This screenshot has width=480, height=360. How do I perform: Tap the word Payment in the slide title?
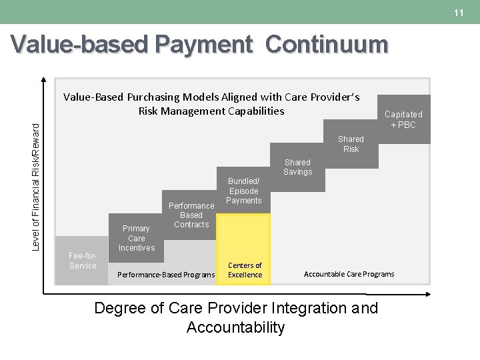point(204,45)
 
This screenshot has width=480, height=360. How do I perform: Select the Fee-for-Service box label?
point(83,261)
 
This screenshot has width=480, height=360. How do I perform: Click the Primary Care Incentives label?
point(137,238)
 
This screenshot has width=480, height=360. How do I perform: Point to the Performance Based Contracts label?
point(191,215)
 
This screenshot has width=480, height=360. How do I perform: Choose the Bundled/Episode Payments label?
point(244,191)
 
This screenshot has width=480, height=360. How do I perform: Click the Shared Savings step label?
point(297,167)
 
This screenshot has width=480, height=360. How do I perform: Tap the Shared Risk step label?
point(351,144)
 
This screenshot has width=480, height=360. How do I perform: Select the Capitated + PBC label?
point(403,119)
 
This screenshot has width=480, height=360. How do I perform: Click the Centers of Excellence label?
point(245,270)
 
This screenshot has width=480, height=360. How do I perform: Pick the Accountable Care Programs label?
point(349,274)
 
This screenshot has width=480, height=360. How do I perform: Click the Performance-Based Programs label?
point(166,275)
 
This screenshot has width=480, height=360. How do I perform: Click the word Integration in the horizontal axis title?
point(311,309)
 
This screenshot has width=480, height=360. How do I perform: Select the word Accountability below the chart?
point(235,327)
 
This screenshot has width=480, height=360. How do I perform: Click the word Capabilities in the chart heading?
point(253,111)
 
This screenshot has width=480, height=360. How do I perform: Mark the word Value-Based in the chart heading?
point(93,97)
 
